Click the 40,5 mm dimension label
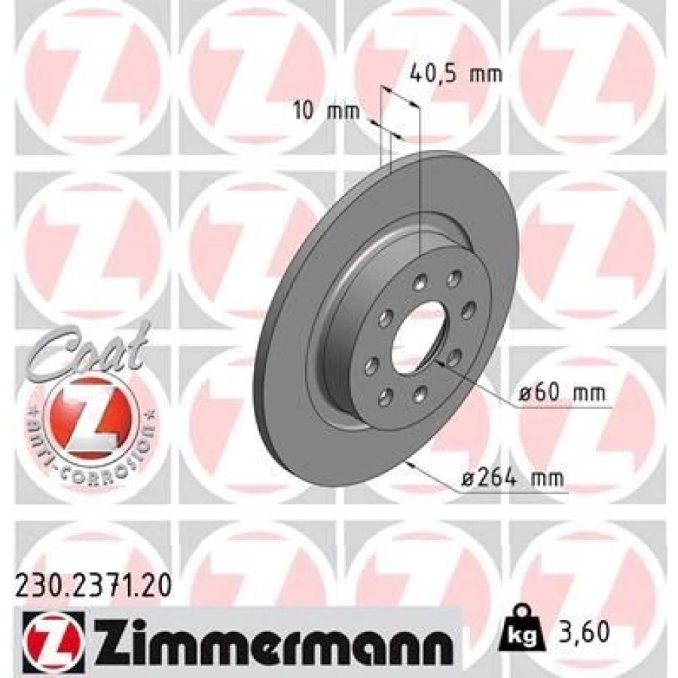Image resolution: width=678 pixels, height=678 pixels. (x=454, y=75)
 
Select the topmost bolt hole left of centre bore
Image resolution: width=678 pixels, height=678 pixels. (x=419, y=283)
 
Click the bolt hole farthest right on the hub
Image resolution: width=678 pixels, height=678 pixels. (x=466, y=307)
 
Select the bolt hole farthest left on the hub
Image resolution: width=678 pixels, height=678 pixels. (x=371, y=365)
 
